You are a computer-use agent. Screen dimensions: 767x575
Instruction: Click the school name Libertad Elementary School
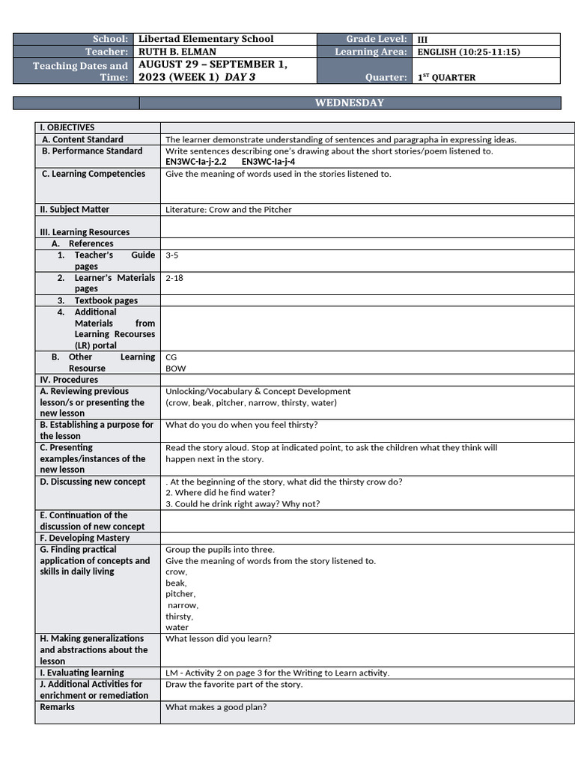[206, 39]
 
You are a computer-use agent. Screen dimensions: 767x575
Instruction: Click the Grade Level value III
[422, 40]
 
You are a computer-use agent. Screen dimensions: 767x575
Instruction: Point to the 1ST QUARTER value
[446, 77]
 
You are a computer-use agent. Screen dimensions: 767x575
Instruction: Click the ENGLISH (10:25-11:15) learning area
[468, 52]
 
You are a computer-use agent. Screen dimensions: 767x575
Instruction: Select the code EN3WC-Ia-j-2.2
[195, 162]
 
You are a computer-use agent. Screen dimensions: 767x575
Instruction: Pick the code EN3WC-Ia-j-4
[268, 162]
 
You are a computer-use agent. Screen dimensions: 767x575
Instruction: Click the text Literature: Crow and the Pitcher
[228, 210]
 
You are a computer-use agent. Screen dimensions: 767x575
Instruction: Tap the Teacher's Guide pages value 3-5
[172, 255]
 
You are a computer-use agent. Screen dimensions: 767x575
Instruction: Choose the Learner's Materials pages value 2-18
[174, 278]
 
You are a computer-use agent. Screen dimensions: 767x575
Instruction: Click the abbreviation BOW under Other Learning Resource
[175, 369]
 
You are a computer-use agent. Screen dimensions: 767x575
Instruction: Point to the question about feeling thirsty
[241, 425]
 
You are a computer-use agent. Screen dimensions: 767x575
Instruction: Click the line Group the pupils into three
[220, 550]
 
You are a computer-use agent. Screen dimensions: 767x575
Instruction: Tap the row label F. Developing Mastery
[85, 538]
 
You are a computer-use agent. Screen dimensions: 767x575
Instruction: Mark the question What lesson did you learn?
[219, 639]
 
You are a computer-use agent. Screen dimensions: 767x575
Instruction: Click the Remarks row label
[58, 707]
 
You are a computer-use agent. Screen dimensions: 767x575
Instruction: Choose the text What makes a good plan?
[216, 707]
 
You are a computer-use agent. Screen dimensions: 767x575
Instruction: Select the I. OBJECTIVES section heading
[67, 127]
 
